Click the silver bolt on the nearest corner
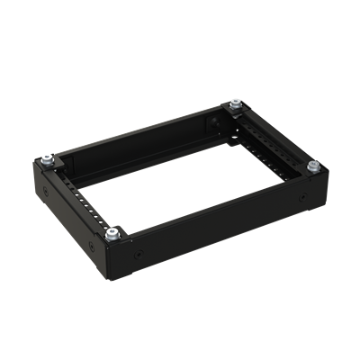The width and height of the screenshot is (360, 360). (112, 235)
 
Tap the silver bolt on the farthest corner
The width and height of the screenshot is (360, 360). (235, 106)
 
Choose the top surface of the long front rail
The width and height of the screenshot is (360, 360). (216, 201)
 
